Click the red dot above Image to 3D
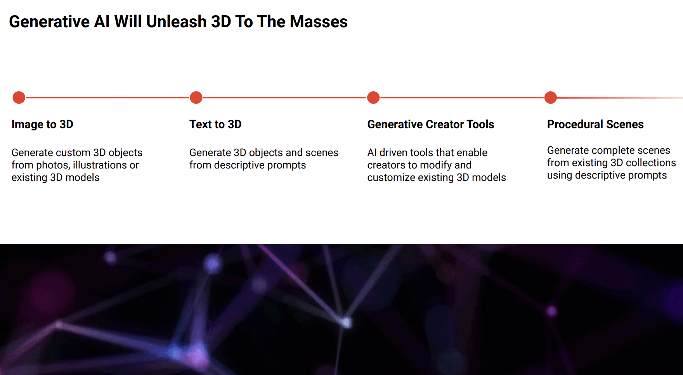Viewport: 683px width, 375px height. pos(19,97)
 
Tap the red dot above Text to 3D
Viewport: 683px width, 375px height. pos(196,97)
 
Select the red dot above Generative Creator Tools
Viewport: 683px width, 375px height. pos(373,97)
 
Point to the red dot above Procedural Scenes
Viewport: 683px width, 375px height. pos(550,97)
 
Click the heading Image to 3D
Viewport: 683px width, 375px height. pos(42,124)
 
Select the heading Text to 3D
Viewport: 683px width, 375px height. pos(215,124)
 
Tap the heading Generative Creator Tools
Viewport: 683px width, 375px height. pos(430,124)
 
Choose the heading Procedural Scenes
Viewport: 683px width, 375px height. pos(595,124)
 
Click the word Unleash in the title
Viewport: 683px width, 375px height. pos(176,22)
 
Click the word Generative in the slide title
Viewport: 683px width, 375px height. pos(49,22)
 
